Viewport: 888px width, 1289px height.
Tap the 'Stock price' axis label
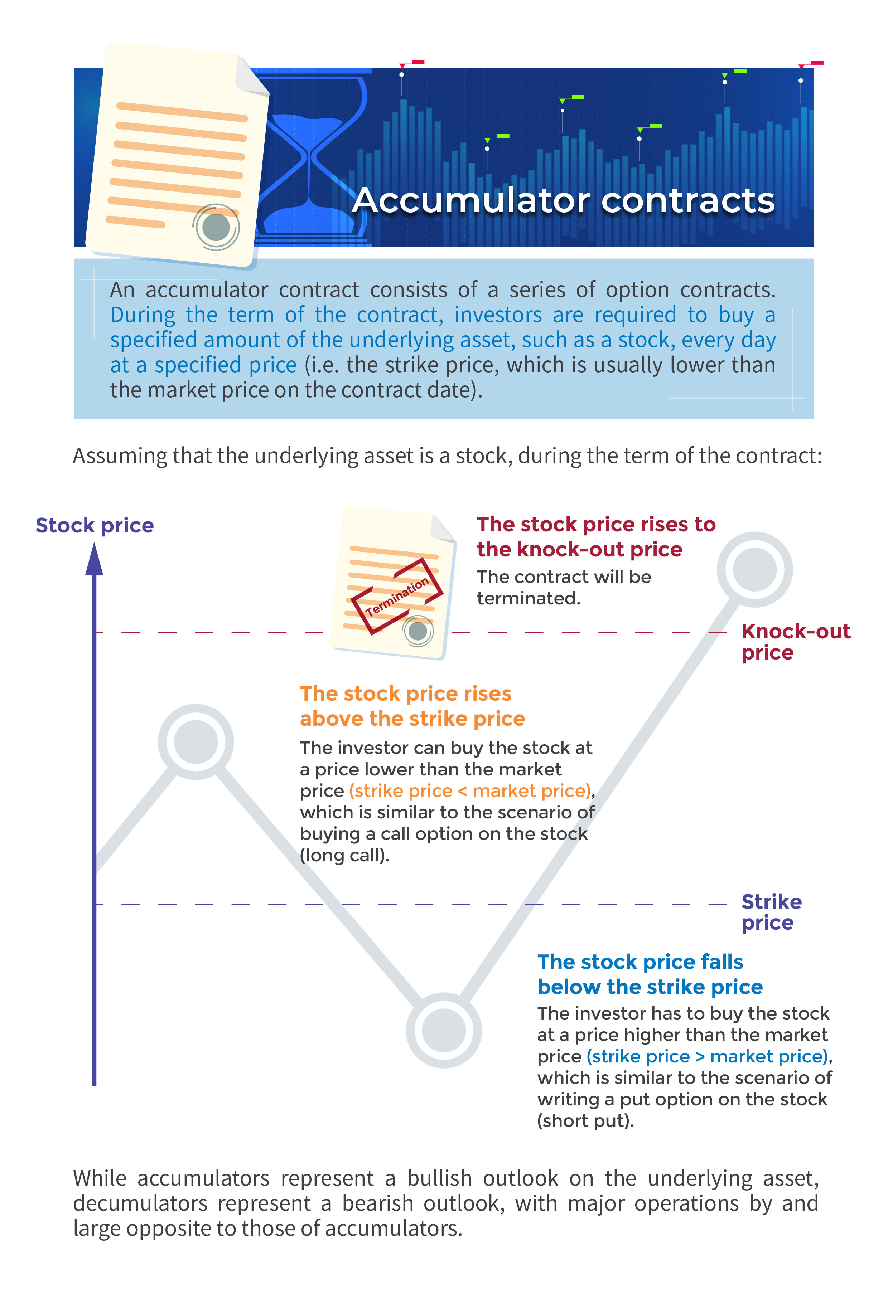(95, 525)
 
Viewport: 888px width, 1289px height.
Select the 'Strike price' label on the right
(771, 912)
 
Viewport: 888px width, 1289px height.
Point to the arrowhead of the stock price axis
(94, 559)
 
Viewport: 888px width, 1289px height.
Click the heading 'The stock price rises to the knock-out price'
(595, 537)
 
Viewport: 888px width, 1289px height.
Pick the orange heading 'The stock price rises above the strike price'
(412, 706)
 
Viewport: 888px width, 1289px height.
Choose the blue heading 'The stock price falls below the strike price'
(649, 974)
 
